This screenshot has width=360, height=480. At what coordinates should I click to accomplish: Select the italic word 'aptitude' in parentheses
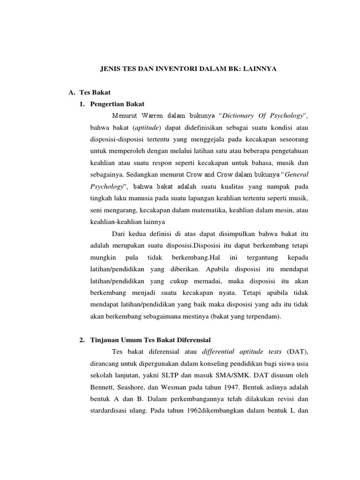click(147, 127)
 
